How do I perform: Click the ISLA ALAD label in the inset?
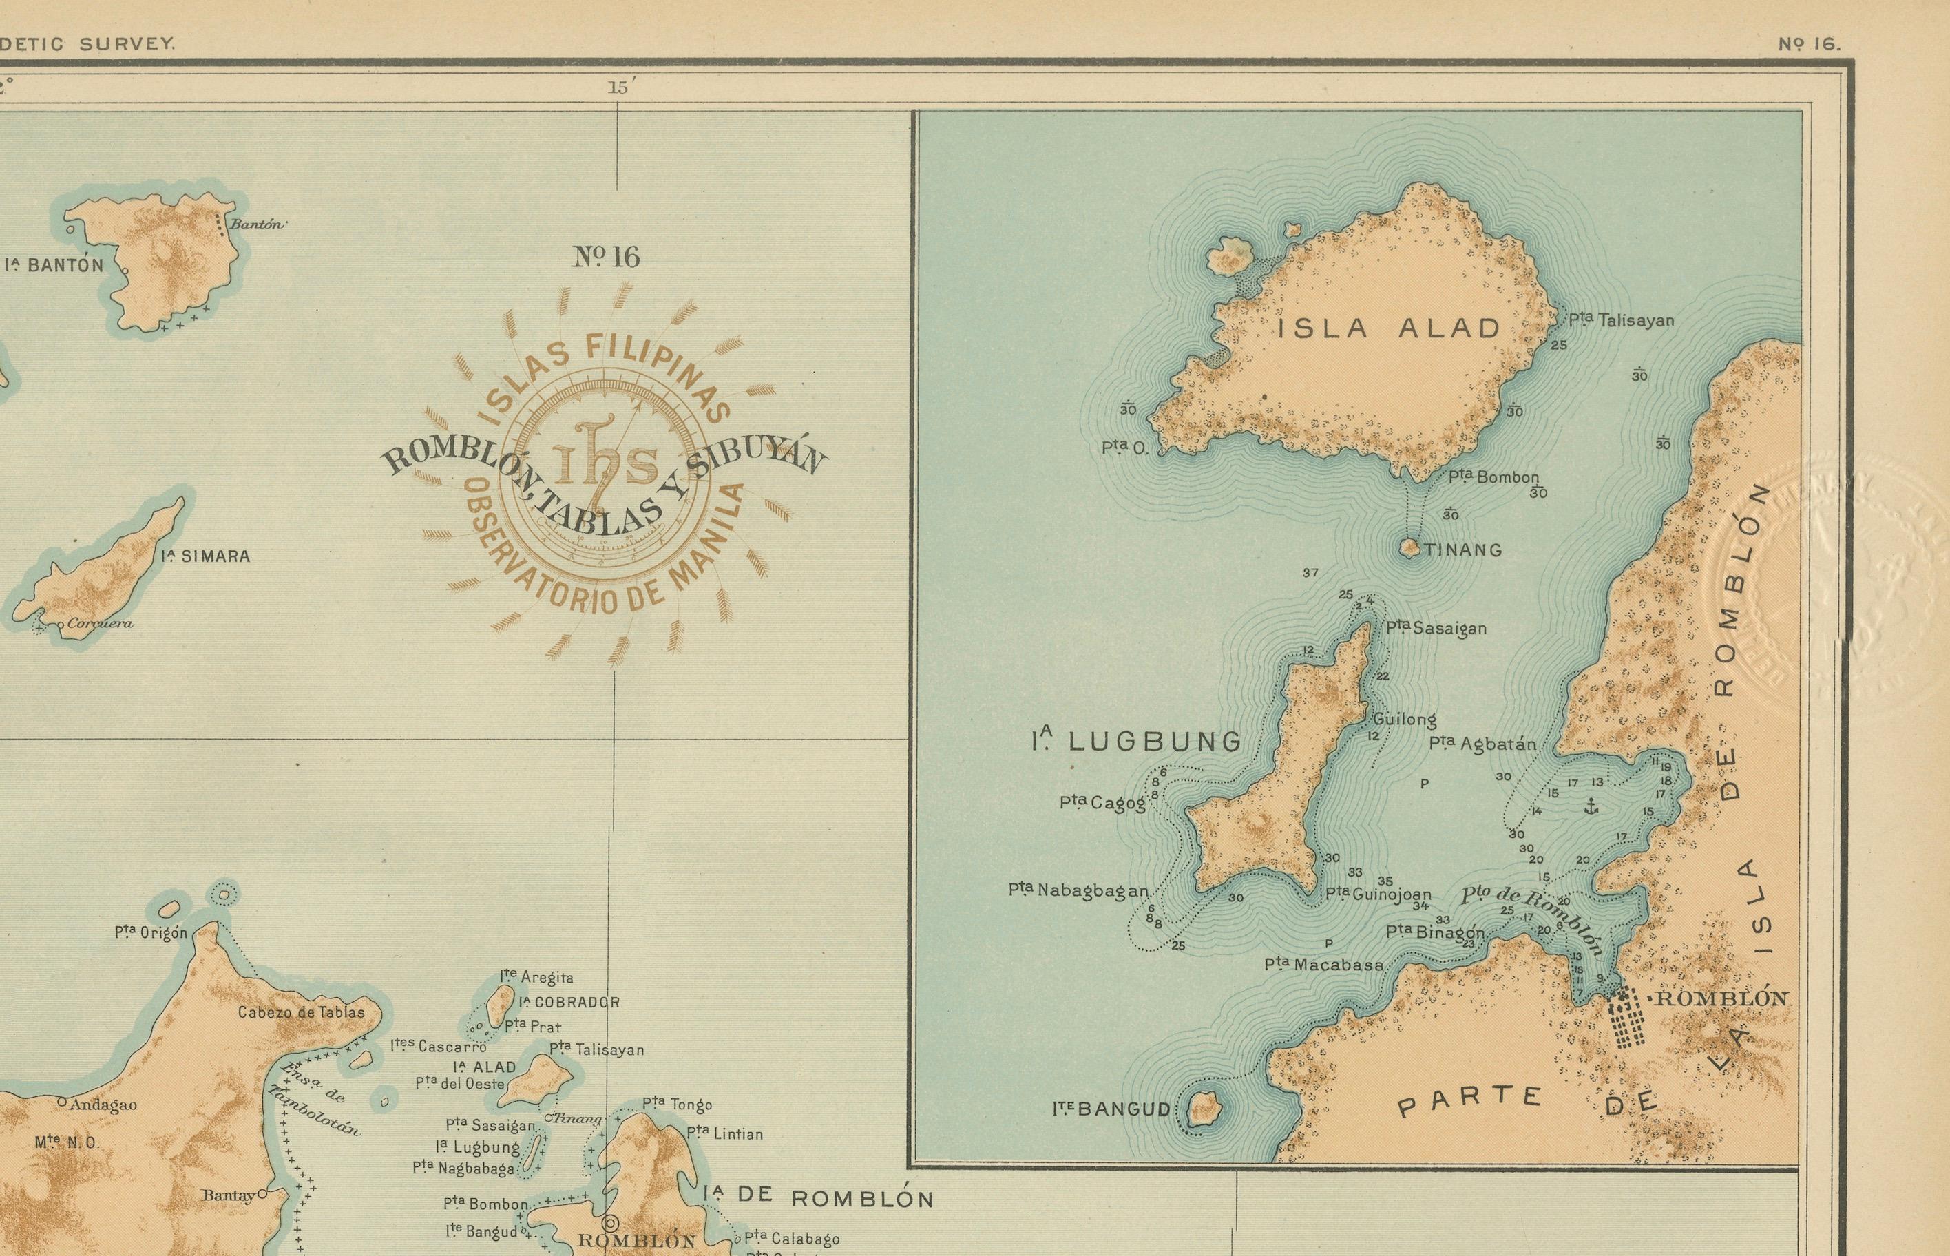pyautogui.click(x=1388, y=328)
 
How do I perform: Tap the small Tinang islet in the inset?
pyautogui.click(x=1409, y=548)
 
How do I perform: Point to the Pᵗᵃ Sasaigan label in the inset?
pyautogui.click(x=1436, y=628)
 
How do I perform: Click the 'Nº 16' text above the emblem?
pyautogui.click(x=606, y=258)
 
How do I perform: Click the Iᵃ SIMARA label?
pyautogui.click(x=205, y=556)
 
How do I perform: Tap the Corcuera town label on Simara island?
pyautogui.click(x=100, y=624)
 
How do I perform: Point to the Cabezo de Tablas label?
pyautogui.click(x=301, y=1012)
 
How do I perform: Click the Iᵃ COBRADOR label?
pyautogui.click(x=569, y=1003)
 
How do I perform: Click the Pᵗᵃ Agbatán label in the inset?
pyautogui.click(x=1482, y=744)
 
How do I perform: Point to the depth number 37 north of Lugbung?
pyautogui.click(x=1310, y=572)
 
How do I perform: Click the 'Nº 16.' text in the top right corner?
pyautogui.click(x=1809, y=45)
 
